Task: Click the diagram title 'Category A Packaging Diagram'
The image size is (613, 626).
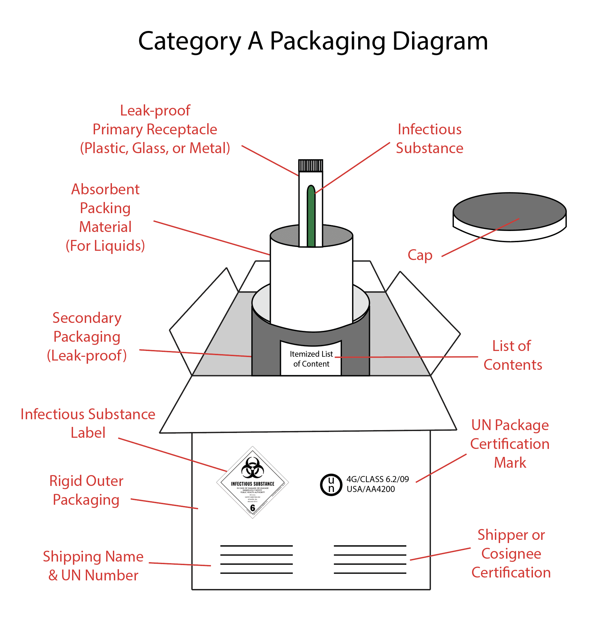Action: tap(313, 41)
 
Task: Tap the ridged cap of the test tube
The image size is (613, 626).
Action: tap(310, 166)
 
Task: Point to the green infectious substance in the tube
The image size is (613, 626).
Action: tap(311, 219)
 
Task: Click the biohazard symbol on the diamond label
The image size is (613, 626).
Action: tap(252, 468)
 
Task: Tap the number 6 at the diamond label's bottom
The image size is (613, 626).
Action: tap(252, 508)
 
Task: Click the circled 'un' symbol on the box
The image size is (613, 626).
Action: tap(331, 485)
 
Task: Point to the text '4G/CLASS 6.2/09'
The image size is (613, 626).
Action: tap(377, 479)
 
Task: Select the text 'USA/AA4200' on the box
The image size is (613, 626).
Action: tap(371, 489)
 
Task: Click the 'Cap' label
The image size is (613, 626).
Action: tap(420, 255)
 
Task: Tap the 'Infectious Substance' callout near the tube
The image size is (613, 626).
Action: tap(430, 138)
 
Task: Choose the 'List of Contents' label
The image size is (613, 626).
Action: tap(513, 355)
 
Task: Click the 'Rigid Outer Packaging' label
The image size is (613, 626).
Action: tap(86, 490)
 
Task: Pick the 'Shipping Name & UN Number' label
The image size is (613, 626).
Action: tap(93, 566)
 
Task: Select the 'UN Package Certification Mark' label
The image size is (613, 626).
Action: tap(510, 444)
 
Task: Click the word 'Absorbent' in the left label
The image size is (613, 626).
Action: tap(105, 189)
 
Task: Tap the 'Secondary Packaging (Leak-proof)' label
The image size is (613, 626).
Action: tap(87, 337)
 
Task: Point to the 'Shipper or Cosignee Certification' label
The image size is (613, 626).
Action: tap(511, 554)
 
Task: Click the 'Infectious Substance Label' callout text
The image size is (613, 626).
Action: tap(88, 423)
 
